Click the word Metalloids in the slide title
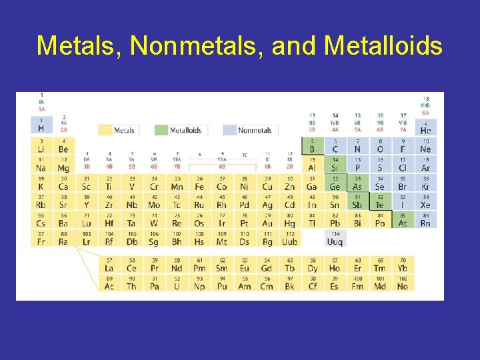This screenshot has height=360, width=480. tap(383, 46)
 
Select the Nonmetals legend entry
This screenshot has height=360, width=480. tap(247, 130)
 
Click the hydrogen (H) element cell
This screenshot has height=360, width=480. tap(41, 126)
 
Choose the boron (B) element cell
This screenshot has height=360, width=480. tap(312, 146)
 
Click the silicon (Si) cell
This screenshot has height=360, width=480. tap(335, 165)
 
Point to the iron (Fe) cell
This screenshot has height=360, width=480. tap(199, 183)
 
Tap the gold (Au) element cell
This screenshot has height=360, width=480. tap(267, 220)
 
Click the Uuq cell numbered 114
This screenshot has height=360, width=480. tap(335, 238)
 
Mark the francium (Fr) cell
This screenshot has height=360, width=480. tap(41, 238)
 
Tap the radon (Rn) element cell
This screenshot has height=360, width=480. tap(425, 220)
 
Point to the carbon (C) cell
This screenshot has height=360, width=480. tap(335, 146)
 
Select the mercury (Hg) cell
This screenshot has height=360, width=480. tap(289, 220)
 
